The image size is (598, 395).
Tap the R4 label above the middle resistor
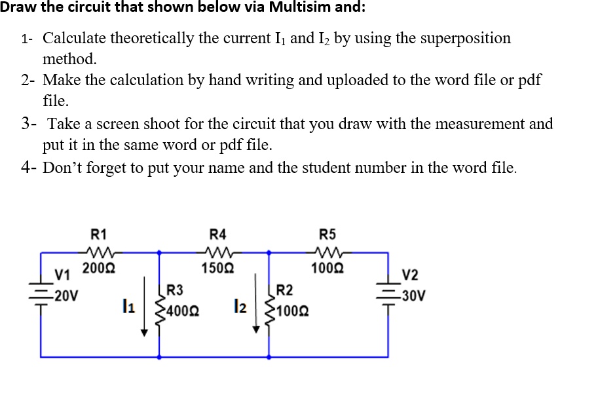pos(217,233)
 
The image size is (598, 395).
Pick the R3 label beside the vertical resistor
pos(175,288)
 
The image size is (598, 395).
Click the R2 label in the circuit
pos(285,288)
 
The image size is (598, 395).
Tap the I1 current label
pos(128,305)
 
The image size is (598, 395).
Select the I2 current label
pos(240,305)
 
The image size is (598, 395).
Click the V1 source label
pos(62,274)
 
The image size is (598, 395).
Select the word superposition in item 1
pos(453,38)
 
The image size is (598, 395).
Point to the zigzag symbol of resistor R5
pos(327,250)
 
